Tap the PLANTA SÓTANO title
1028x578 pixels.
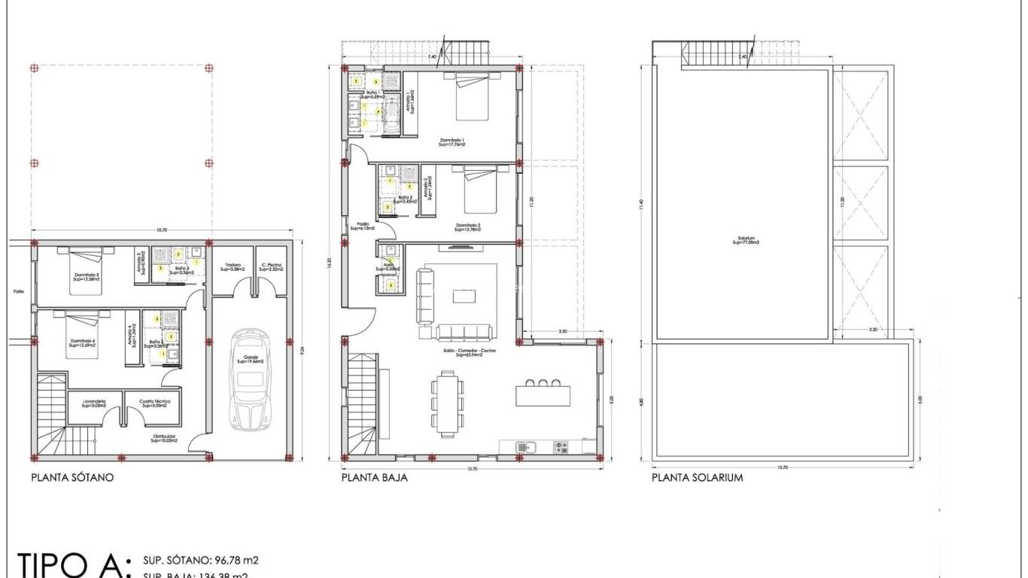72,477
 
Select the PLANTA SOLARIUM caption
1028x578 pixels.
697,477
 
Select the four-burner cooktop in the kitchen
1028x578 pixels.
561,447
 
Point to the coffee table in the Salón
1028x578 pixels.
464,297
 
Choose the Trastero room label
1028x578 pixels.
232,266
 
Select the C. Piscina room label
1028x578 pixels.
272,266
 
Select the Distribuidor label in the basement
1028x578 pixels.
163,437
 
